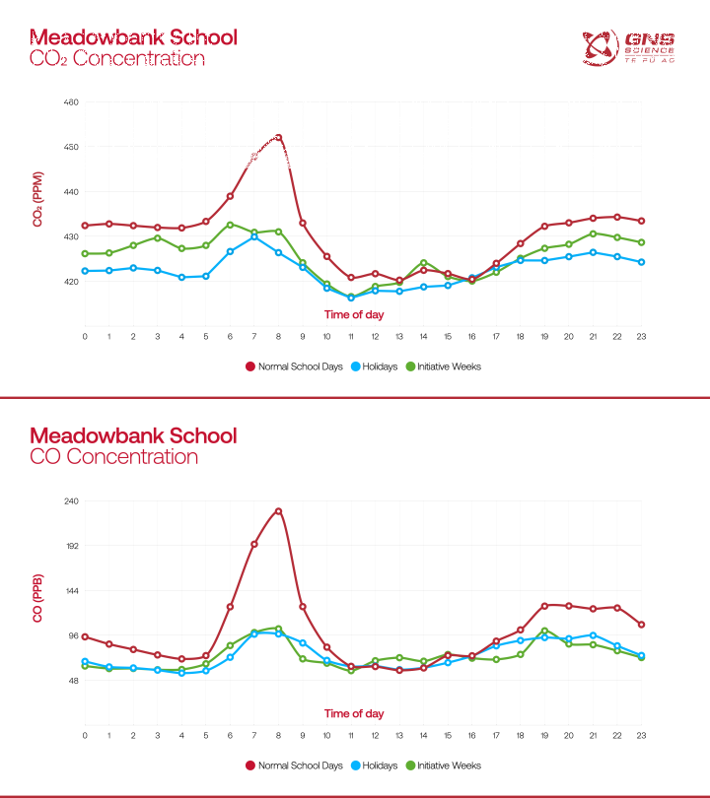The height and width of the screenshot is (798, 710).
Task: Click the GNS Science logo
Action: [x=629, y=47]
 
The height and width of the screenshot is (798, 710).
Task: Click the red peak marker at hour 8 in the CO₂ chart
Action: [x=278, y=137]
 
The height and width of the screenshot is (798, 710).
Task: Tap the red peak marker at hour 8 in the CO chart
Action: [x=278, y=511]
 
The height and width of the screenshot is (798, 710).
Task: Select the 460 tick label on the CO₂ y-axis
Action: [x=71, y=102]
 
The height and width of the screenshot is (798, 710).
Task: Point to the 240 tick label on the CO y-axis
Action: [x=71, y=500]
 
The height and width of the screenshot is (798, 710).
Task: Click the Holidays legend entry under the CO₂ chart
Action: [x=374, y=366]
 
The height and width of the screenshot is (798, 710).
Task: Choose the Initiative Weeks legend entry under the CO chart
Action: [x=443, y=765]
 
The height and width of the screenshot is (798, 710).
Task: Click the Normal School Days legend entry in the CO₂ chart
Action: [x=294, y=366]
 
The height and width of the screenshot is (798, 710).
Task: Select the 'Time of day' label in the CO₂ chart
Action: [x=354, y=315]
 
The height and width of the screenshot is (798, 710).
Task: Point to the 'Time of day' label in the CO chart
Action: [x=354, y=713]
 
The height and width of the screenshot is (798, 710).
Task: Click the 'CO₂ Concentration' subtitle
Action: [x=116, y=59]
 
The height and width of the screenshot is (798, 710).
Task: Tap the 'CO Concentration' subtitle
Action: [x=113, y=457]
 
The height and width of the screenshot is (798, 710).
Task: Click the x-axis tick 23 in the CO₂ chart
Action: [x=641, y=336]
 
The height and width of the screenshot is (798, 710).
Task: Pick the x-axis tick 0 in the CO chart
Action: [x=85, y=735]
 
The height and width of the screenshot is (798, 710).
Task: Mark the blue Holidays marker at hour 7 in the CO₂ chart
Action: [x=254, y=236]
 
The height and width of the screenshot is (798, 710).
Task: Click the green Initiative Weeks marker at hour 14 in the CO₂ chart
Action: [x=423, y=263]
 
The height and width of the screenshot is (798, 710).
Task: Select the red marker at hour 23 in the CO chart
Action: [x=641, y=625]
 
